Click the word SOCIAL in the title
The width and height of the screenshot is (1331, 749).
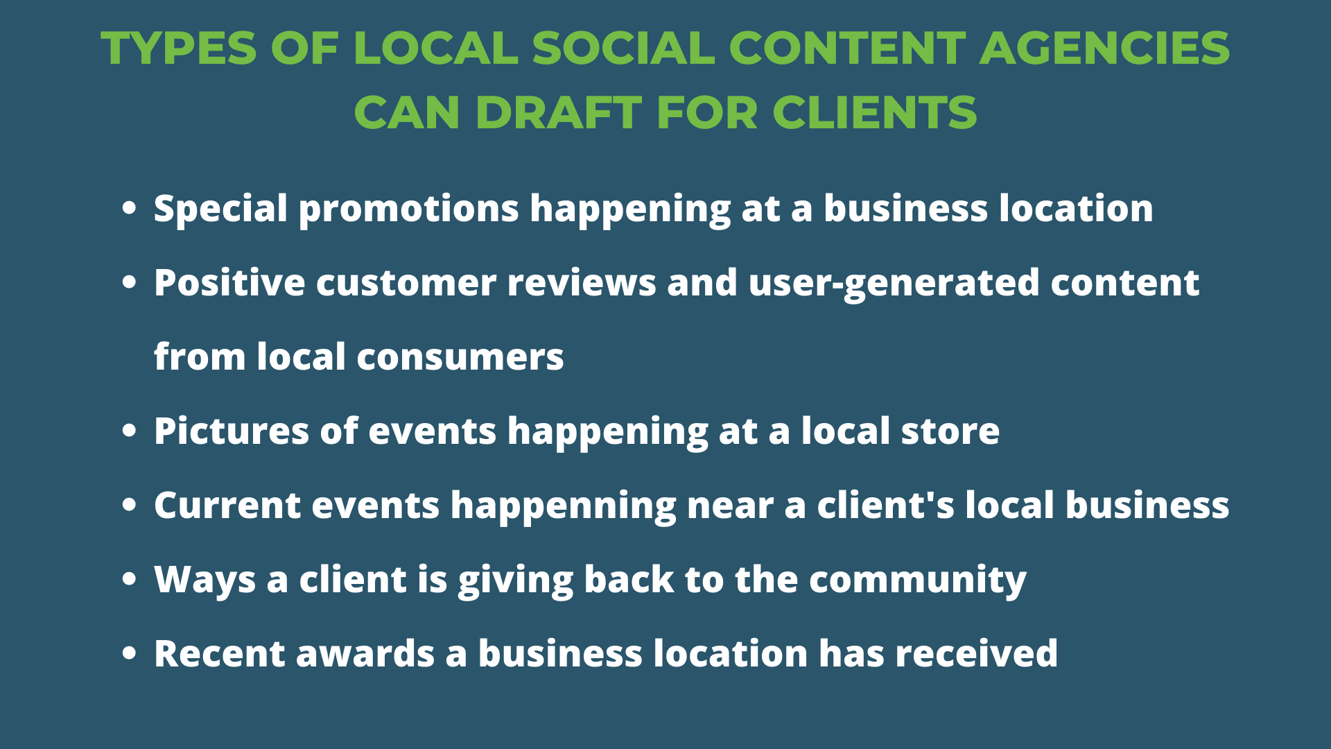pyautogui.click(x=623, y=49)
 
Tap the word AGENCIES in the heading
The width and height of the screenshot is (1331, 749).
pyautogui.click(x=1104, y=49)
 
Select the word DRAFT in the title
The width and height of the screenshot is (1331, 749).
pyautogui.click(x=558, y=112)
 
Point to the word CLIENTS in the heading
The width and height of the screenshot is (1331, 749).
pyautogui.click(x=874, y=112)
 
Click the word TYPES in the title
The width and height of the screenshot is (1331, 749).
pyautogui.click(x=179, y=49)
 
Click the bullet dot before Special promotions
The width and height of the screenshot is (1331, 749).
pyautogui.click(x=129, y=208)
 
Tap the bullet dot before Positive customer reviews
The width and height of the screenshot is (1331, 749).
pyautogui.click(x=129, y=282)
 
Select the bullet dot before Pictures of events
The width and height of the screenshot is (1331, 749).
pyautogui.click(x=129, y=431)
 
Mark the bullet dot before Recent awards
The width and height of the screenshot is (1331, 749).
pyautogui.click(x=129, y=653)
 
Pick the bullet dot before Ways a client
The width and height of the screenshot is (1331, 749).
pyautogui.click(x=129, y=579)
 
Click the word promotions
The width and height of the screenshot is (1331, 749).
pyautogui.click(x=408, y=209)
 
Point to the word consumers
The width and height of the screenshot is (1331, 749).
pyautogui.click(x=460, y=357)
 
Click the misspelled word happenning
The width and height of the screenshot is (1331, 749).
pyautogui.click(x=563, y=506)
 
